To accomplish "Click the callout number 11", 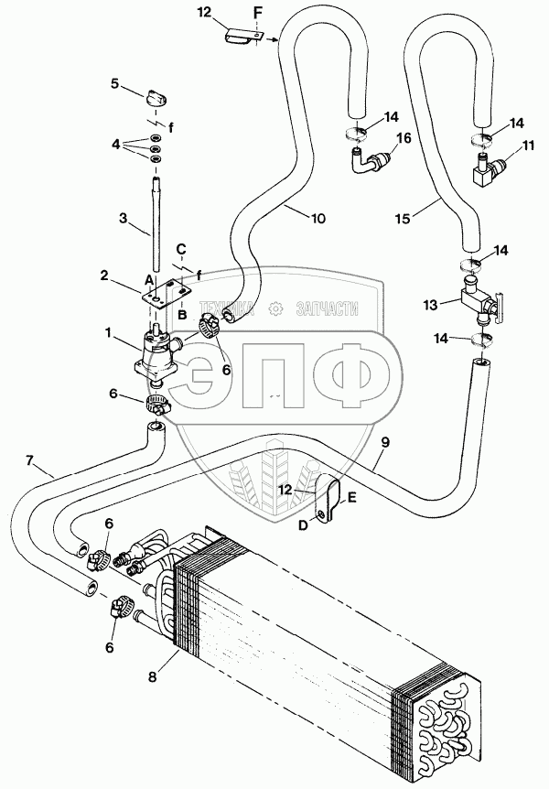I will tap(528, 146).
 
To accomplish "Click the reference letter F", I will tap(257, 13).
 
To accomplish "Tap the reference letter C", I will tap(181, 248).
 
